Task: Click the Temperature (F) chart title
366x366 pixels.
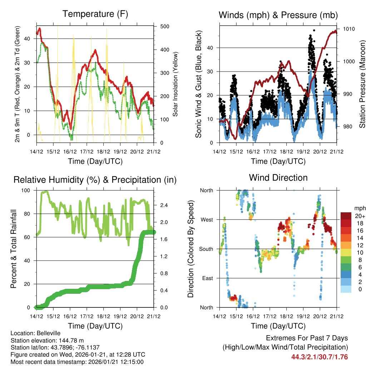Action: click(x=95, y=14)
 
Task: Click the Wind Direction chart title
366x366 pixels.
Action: click(x=278, y=177)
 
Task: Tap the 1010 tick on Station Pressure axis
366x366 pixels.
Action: click(x=349, y=29)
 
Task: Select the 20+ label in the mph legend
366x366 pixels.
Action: click(x=360, y=216)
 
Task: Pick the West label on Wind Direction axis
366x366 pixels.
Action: click(x=206, y=219)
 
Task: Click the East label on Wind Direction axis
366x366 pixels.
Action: click(x=207, y=278)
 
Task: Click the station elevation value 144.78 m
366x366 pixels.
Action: click(x=72, y=340)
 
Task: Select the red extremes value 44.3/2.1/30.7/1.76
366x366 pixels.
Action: click(x=320, y=357)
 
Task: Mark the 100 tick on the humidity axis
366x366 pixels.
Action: click(x=26, y=191)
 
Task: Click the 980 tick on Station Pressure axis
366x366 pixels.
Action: click(x=349, y=127)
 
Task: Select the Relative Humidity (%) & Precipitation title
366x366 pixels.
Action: click(x=95, y=180)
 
